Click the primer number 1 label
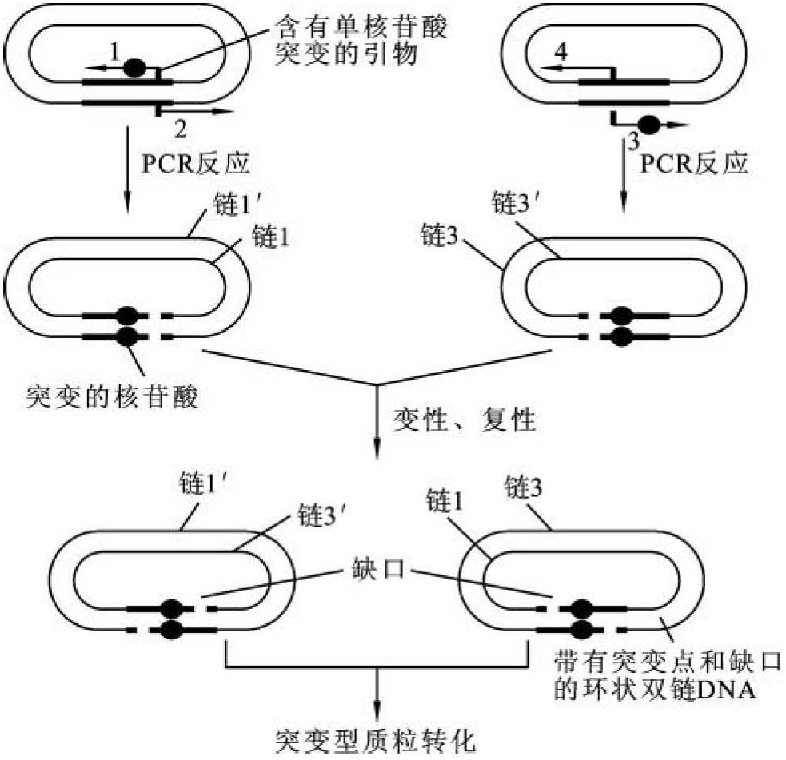115,52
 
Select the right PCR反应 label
694,165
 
